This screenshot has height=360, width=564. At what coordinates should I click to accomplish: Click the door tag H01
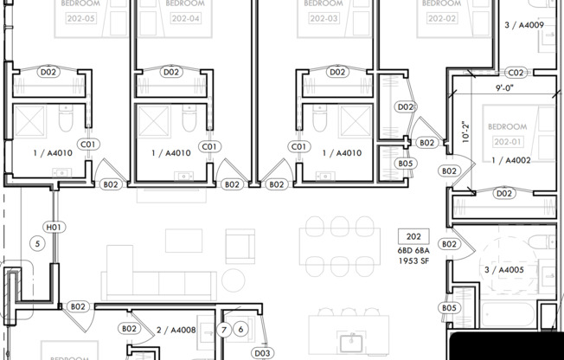[x=54, y=228]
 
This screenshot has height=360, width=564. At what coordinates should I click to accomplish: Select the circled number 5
[x=37, y=244]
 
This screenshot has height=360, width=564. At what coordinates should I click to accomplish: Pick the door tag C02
[x=516, y=73]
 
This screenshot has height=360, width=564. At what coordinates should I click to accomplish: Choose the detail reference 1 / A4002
[x=510, y=160]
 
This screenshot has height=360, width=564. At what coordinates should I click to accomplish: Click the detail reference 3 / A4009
[x=523, y=25]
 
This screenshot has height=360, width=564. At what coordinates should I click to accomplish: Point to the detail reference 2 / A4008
[x=176, y=329]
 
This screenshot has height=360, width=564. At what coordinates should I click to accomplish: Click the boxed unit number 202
[x=413, y=236]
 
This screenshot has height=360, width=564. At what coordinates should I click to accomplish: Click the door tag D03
[x=263, y=353]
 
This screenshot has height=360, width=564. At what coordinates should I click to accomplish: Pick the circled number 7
[x=224, y=329]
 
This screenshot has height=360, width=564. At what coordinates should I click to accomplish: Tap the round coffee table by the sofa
[x=234, y=279]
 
